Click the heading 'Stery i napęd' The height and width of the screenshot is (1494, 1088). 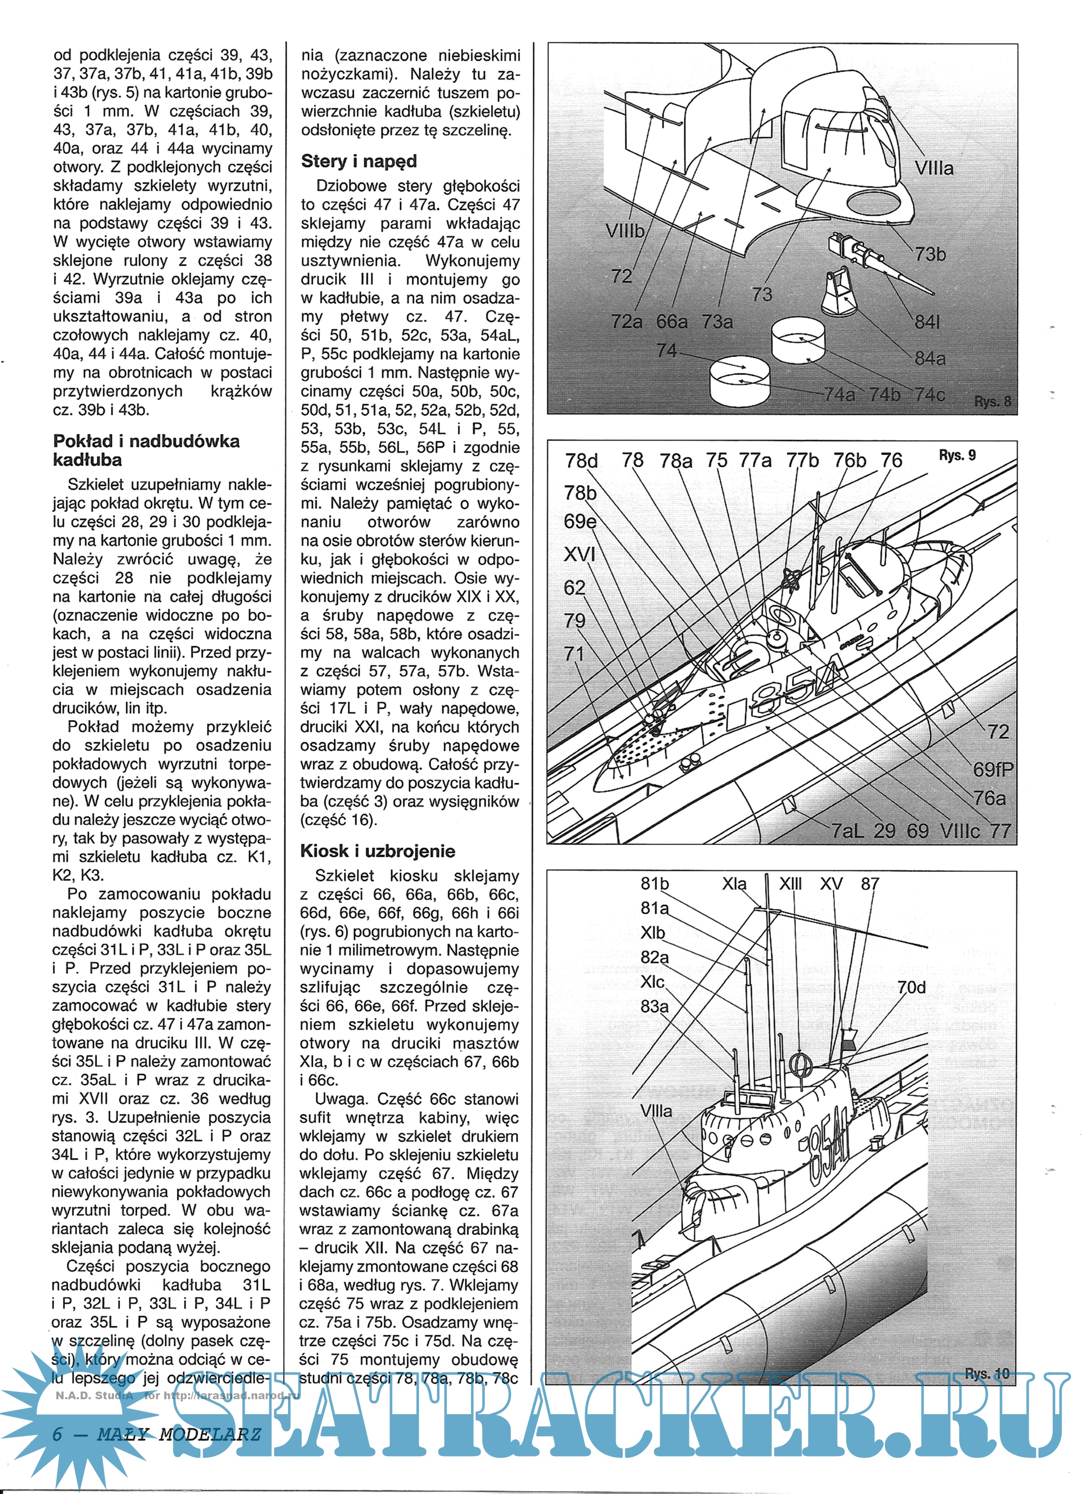coord(359,161)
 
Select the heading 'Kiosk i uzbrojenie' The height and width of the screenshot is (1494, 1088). coord(377,851)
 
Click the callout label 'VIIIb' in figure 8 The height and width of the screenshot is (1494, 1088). coord(624,231)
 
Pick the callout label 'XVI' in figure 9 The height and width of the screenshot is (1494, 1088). coord(579,554)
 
